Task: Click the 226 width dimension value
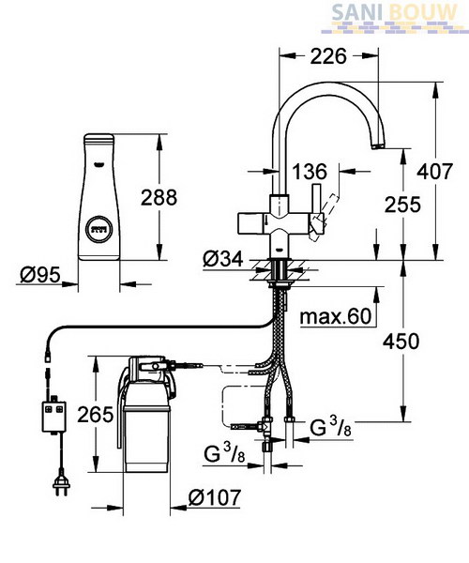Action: pos(328,56)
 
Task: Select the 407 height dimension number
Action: pos(434,172)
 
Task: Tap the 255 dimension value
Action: pos(402,205)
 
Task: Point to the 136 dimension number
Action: pos(310,172)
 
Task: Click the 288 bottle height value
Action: pos(159,197)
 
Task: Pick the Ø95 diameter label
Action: pos(40,275)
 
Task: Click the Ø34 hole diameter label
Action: pos(223,259)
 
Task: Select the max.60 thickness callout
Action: pos(336,317)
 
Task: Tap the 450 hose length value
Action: pos(401,342)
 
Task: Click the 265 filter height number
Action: pos(96,415)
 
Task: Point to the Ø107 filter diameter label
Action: pos(214,497)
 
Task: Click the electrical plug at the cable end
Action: pos(61,486)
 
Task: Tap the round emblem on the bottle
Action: pos(99,229)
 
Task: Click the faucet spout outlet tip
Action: pos(378,146)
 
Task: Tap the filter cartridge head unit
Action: pos(148,379)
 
